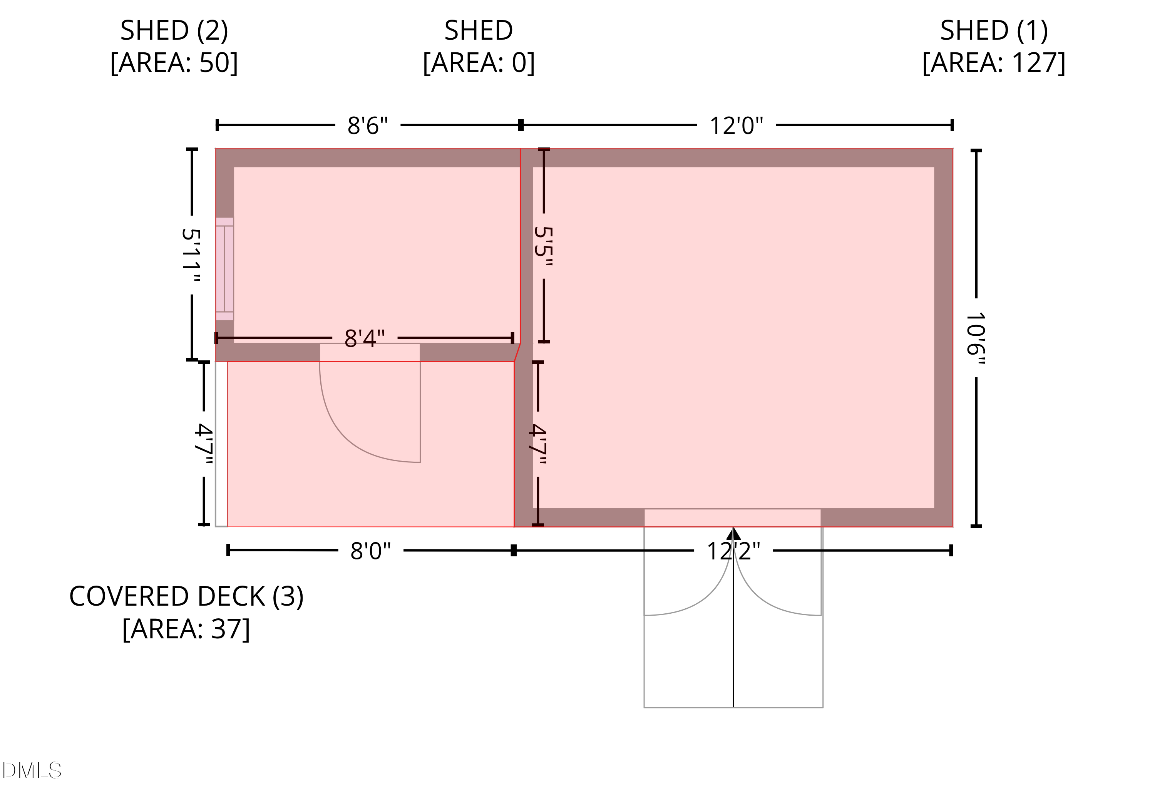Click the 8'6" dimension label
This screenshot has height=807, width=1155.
pos(368,126)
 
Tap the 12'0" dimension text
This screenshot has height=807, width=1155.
pos(737,126)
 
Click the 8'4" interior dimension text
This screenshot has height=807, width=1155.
pos(365,338)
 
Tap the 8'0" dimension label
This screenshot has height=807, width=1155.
pos(371,551)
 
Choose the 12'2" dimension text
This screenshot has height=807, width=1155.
pos(733,551)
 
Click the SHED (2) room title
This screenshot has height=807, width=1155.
pos(174,31)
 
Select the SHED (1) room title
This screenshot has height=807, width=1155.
pos(994,31)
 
